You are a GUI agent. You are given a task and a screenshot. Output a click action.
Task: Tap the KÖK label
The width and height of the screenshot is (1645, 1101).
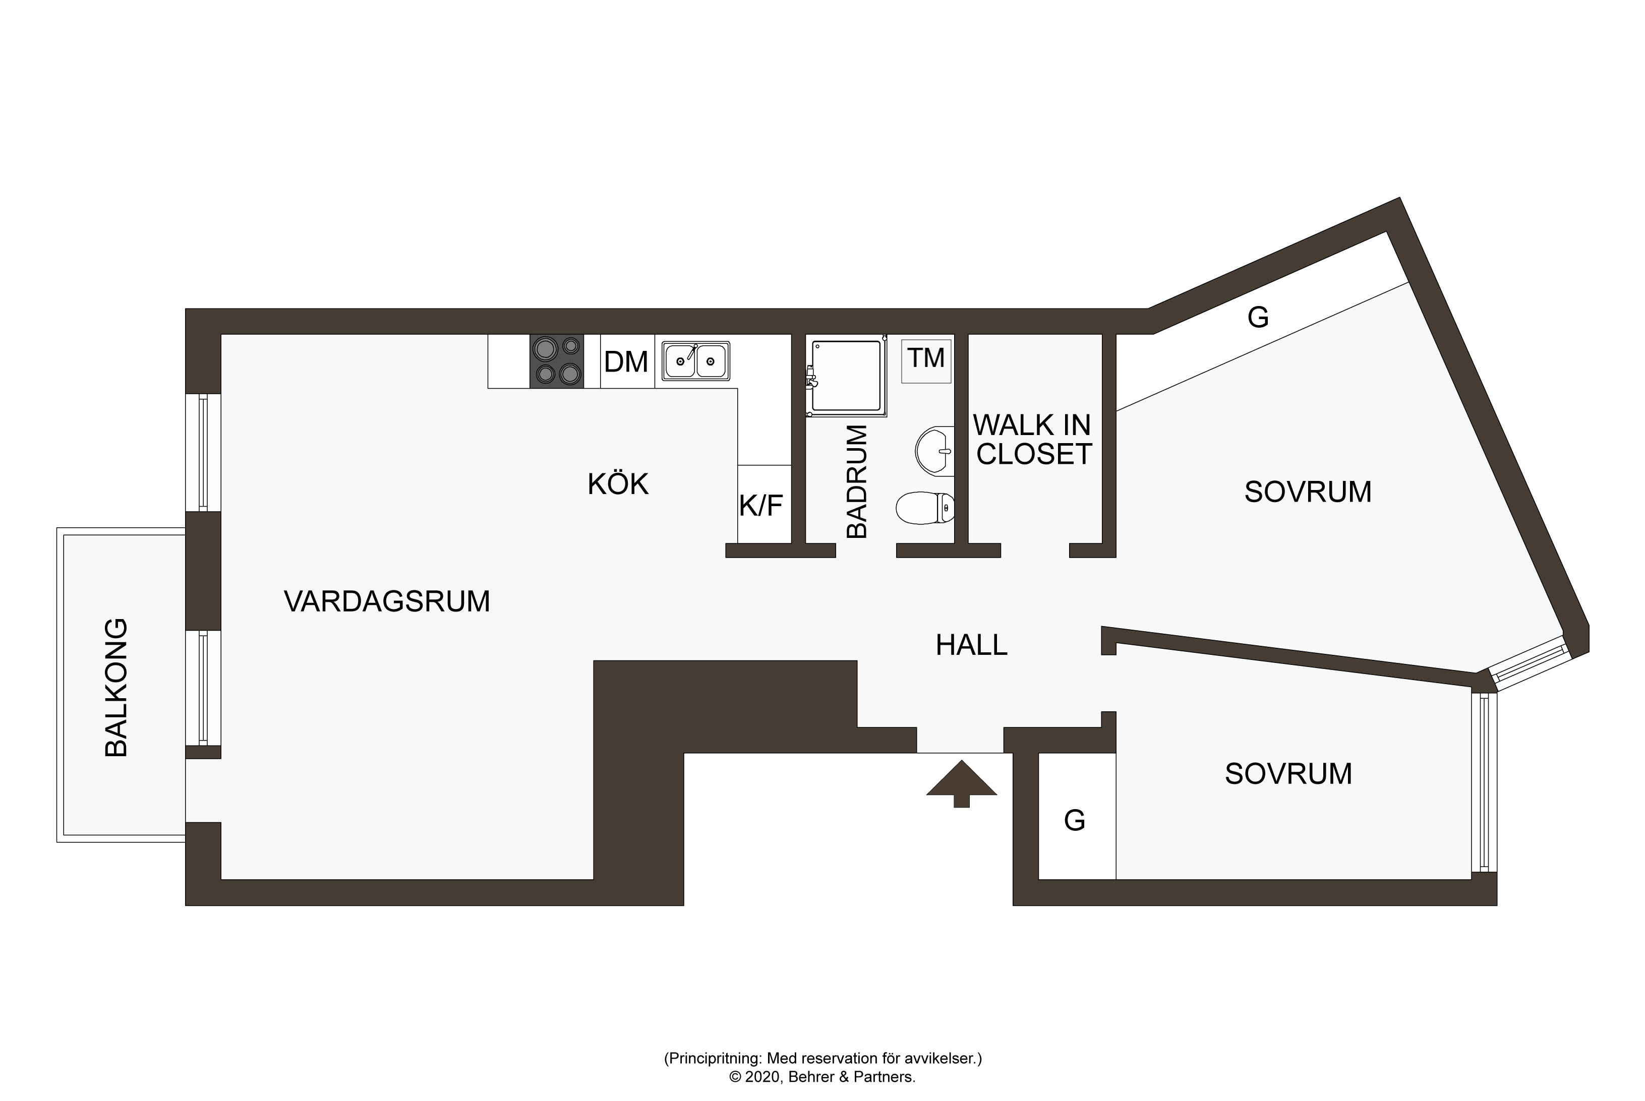[x=618, y=484]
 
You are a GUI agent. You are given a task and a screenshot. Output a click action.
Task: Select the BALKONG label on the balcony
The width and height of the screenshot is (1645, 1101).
[x=116, y=688]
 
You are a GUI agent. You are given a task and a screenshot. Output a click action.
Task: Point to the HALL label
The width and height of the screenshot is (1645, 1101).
[x=971, y=645]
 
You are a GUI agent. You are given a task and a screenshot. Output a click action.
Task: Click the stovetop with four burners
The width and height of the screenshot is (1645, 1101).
[x=556, y=361]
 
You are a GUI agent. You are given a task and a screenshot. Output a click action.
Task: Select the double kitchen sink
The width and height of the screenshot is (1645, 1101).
[x=695, y=361]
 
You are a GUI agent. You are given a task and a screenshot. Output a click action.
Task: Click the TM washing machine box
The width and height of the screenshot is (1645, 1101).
[x=926, y=361]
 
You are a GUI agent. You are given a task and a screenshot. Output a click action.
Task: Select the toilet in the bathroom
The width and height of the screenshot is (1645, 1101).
[x=926, y=508]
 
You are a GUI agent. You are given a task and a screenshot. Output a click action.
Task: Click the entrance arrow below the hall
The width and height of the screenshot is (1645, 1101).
[x=962, y=783]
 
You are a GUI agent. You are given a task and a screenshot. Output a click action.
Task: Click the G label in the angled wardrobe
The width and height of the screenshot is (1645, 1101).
[x=1258, y=318]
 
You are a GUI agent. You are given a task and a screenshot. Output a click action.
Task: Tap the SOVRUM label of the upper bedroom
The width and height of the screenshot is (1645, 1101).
[x=1308, y=492]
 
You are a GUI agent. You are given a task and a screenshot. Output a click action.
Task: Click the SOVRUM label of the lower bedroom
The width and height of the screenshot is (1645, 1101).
[x=1288, y=774]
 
